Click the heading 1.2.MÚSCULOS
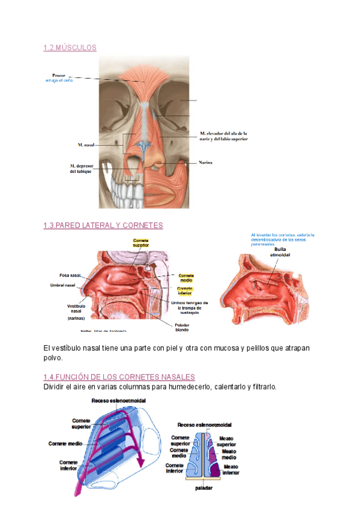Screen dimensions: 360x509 [x=70, y=47]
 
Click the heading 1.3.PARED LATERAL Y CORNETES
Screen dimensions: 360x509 [x=103, y=225]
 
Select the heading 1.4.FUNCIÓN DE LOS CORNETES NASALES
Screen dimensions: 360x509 [x=119, y=377]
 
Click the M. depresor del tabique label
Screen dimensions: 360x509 [x=80, y=169]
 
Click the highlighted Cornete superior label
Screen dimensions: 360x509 [x=141, y=242]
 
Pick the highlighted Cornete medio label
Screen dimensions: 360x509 [x=186, y=278]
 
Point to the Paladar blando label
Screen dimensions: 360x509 [x=182, y=327]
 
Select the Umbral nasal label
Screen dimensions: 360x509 [x=62, y=285]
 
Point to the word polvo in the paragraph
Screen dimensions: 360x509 [x=53, y=358]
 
